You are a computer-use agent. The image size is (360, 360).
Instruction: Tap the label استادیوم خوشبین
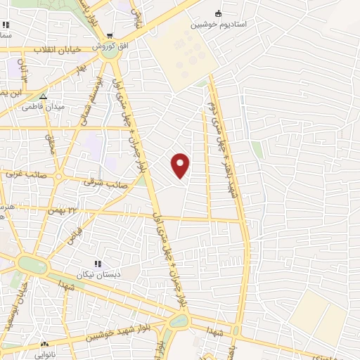219,23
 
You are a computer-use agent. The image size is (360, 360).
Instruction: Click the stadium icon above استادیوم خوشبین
218,13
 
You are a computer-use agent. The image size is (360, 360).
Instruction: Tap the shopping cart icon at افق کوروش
110,36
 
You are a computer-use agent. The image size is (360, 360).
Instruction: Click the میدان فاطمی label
44,107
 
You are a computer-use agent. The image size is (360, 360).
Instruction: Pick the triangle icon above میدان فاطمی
44,96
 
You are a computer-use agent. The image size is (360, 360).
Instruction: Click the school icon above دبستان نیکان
98,263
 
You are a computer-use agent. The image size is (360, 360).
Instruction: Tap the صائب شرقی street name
105,183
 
